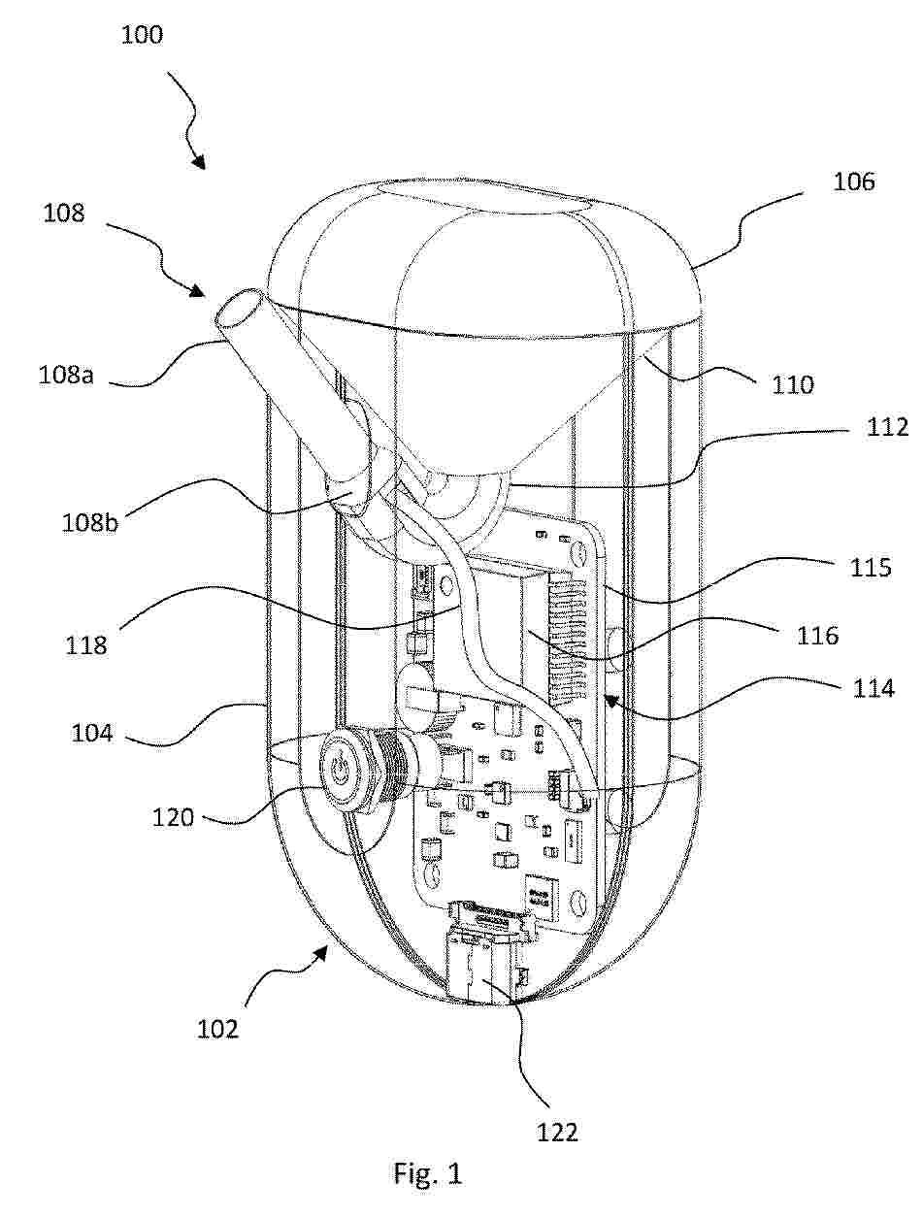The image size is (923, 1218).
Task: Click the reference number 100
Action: [142, 36]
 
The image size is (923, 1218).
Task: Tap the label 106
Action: [854, 181]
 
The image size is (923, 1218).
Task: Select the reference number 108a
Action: [66, 376]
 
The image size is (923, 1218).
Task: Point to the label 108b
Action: [90, 523]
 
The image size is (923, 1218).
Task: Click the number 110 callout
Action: [793, 384]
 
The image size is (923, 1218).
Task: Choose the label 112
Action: [887, 427]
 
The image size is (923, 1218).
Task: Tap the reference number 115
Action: [871, 568]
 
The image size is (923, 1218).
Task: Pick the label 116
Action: [817, 636]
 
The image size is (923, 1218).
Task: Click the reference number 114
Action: [874, 689]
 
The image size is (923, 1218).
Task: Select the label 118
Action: [86, 645]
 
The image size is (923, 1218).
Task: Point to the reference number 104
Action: [92, 734]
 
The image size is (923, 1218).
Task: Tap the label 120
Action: [173, 818]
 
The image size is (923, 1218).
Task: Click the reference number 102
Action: [217, 1029]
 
